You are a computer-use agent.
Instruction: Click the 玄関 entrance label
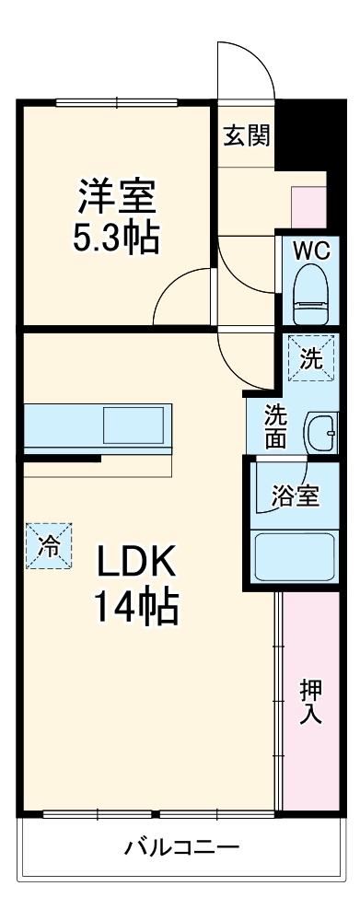pyautogui.click(x=246, y=135)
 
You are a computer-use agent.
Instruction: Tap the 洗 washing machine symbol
pyautogui.click(x=311, y=357)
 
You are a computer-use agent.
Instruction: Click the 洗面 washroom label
pyautogui.click(x=275, y=426)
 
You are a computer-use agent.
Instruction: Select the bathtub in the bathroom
pyautogui.click(x=294, y=555)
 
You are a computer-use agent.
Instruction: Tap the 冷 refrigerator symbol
pyautogui.click(x=48, y=545)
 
